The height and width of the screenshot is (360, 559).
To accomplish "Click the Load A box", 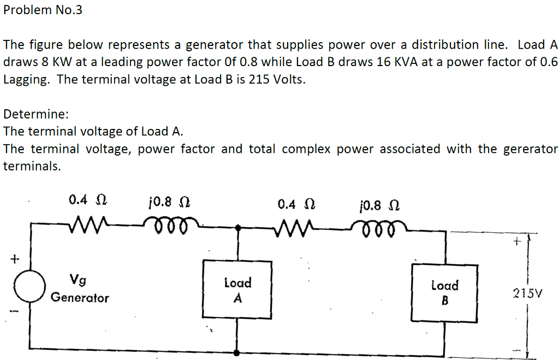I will tap(237, 289).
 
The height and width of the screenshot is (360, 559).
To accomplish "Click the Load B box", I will tap(444, 292).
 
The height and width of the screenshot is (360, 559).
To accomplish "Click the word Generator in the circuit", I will tap(80, 298).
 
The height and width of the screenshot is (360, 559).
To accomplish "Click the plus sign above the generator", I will tap(14, 257).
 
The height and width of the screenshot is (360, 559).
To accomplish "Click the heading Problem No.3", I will tap(43, 10).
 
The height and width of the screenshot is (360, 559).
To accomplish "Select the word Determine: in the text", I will tap(35, 114).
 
